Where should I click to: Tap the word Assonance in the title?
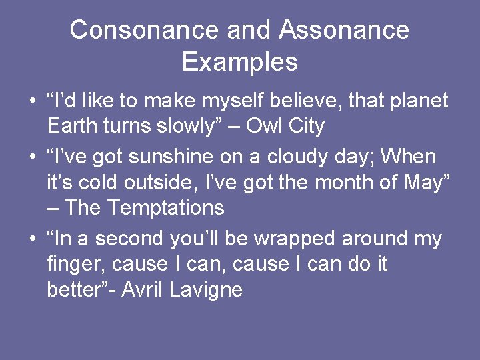tap(344, 31)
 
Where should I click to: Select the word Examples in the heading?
tap(239, 62)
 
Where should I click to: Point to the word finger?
tap(75, 265)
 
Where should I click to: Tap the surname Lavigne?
tap(209, 290)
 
